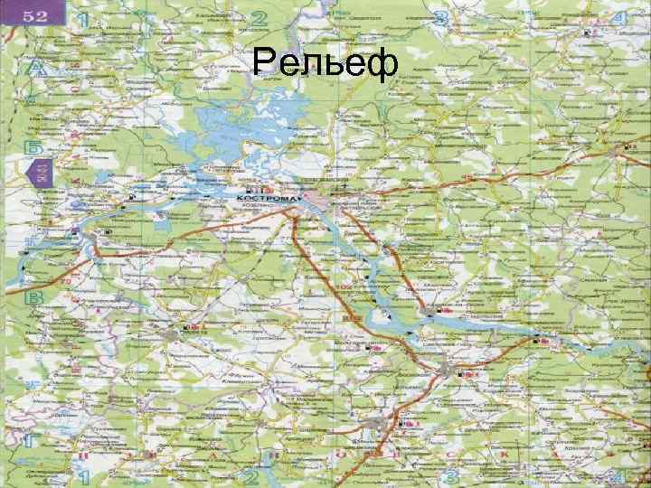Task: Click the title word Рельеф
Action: pos(325,64)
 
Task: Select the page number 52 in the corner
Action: pos(35,14)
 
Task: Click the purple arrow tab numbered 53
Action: pos(42,173)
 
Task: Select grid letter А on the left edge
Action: pos(36,68)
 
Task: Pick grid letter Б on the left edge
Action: pos(33,145)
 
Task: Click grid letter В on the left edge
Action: pos(35,297)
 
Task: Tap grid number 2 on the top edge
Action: pos(260,17)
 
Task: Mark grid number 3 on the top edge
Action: pos(442,18)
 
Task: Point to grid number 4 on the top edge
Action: pos(620,19)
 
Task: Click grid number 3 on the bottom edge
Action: pos(449,475)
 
